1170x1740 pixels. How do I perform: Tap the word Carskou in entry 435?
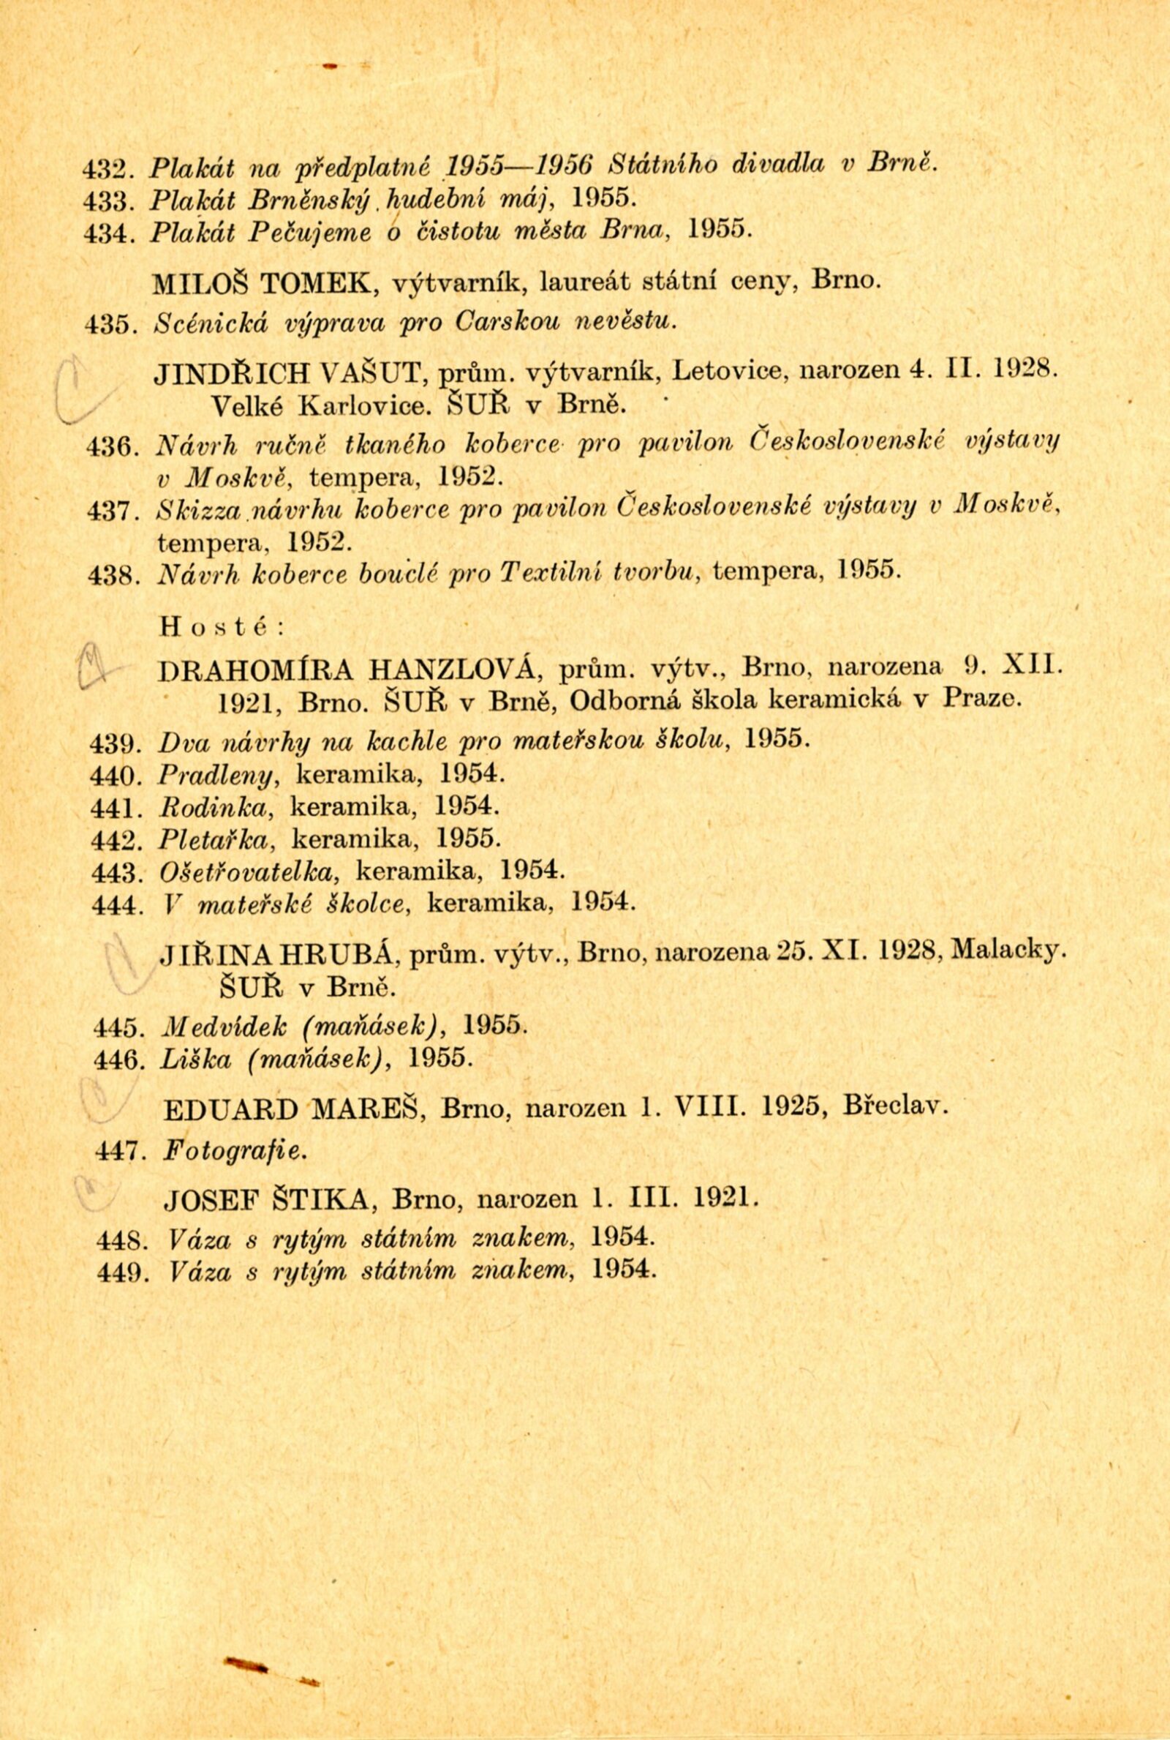point(513,323)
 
